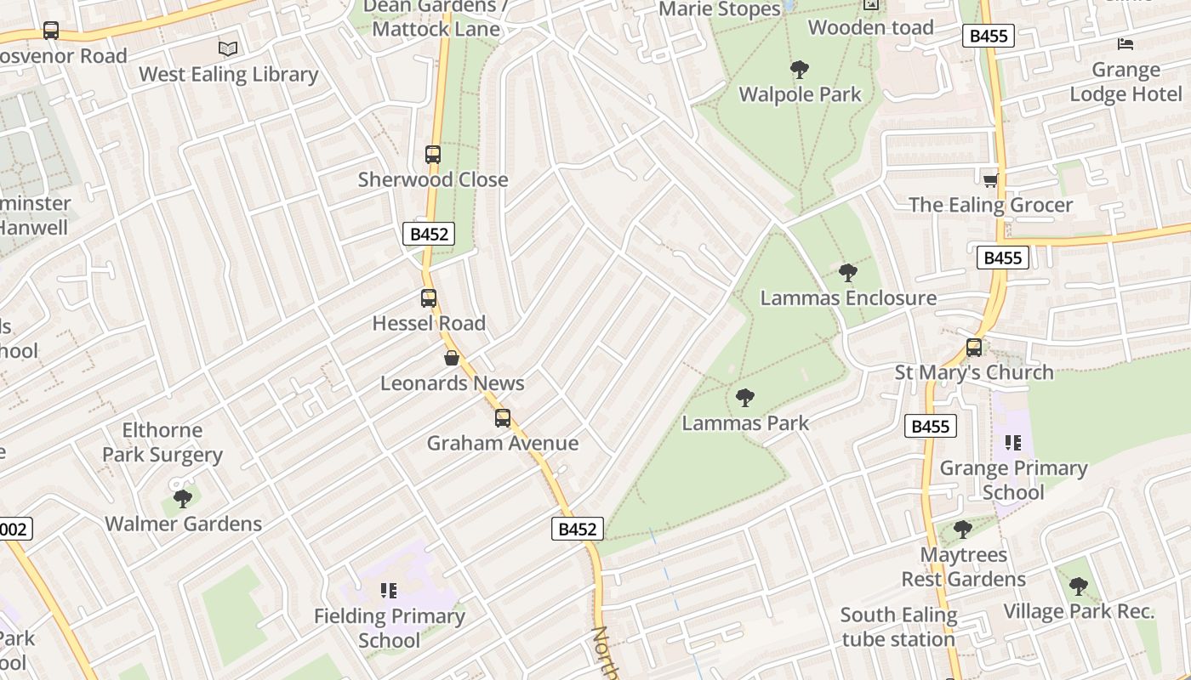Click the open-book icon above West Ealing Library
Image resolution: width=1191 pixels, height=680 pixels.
pos(228,48)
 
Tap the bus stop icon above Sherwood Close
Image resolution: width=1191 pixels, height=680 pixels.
pos(433,155)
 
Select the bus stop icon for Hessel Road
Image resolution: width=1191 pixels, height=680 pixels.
pos(429,298)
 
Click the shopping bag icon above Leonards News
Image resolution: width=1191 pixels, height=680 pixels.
pos(452,358)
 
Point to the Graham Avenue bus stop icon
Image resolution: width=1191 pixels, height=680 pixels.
pos(503,418)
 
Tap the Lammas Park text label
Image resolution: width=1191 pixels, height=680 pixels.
pos(745,422)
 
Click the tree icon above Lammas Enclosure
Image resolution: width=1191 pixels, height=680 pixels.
pos(847,273)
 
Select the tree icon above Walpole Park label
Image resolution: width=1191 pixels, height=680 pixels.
pos(799,70)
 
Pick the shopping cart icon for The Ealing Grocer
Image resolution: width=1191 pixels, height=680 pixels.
pos(990,180)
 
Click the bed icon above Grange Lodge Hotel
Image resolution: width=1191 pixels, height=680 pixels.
pos(1125,44)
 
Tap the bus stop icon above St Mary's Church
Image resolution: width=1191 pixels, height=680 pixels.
pos(974,348)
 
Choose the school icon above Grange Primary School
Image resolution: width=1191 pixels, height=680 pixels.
pos(1012,443)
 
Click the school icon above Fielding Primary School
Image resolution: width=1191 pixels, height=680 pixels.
pos(390,591)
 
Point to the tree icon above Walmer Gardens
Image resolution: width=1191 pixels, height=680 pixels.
pos(183,498)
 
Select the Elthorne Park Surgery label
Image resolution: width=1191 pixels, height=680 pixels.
pos(162,442)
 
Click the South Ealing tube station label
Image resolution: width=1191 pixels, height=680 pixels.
pos(898,626)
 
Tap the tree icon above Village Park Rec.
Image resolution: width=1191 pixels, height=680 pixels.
pos(1078,586)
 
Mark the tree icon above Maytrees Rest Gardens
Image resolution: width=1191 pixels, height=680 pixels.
pos(963,530)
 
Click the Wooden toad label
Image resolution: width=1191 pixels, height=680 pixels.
pos(870,27)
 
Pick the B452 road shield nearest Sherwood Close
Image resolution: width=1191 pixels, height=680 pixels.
pos(429,234)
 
